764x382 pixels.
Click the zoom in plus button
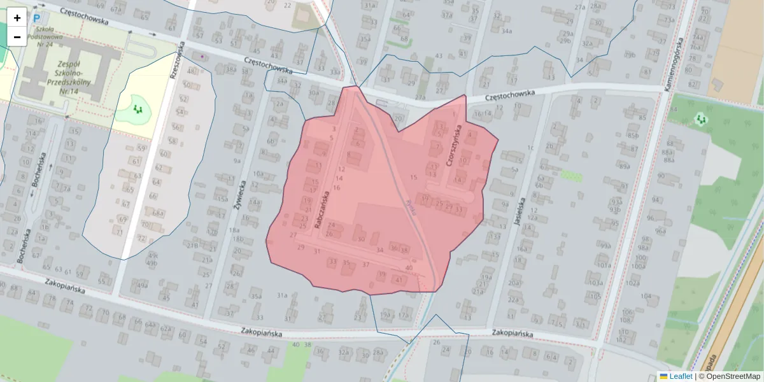coord(17,18)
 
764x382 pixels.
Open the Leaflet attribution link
coord(681,376)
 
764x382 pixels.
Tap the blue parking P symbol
coord(37,20)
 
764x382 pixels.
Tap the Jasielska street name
coord(518,212)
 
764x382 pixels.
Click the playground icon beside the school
coord(137,110)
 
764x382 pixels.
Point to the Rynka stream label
coord(410,208)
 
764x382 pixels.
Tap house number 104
coord(646,296)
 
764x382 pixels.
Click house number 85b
coord(632,135)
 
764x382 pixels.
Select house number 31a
coord(283,295)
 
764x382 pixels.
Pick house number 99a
coord(604,246)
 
